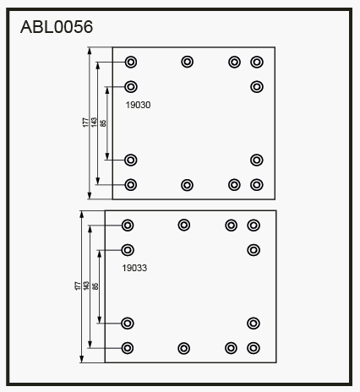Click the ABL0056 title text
coord(57,27)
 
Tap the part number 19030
coord(138,105)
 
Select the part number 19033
coord(134,268)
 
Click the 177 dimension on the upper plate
coord(85,122)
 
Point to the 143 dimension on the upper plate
coord(94,122)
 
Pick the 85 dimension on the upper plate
coord(103,123)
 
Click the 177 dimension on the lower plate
coord(78,286)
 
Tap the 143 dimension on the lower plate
coord(86,286)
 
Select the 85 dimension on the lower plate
coord(95,286)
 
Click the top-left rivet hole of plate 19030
coord(131,62)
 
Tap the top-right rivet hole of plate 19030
coord(257,62)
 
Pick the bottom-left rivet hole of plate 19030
coord(130,185)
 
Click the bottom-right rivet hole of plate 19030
coord(256,185)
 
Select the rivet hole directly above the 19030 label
coord(131,87)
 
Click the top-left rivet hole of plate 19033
coord(128,226)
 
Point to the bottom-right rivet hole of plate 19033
coord(254,348)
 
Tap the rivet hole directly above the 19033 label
coord(128,250)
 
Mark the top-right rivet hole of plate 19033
coord(254,226)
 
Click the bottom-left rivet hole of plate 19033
coord(127,348)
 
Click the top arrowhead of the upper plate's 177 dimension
coord(90,51)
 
